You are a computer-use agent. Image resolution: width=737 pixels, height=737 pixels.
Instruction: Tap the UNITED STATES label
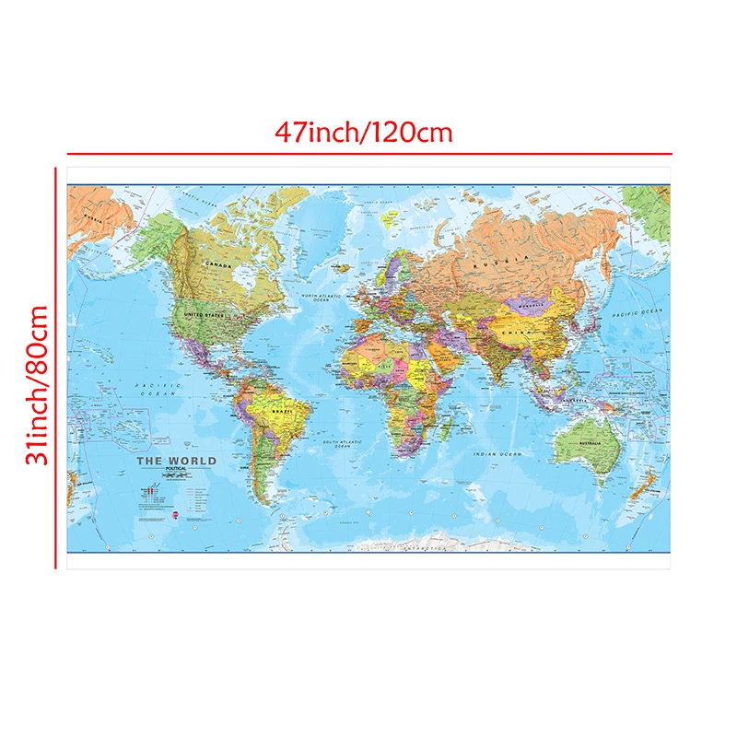tap(205, 315)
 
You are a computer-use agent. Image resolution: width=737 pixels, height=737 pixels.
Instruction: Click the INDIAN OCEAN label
tap(497, 455)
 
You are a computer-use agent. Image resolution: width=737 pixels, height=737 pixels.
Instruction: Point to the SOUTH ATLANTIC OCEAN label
tap(342, 445)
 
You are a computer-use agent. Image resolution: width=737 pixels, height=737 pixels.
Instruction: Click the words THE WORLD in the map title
tap(176, 461)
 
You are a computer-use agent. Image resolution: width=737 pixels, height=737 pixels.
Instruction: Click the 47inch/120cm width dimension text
tap(365, 132)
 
